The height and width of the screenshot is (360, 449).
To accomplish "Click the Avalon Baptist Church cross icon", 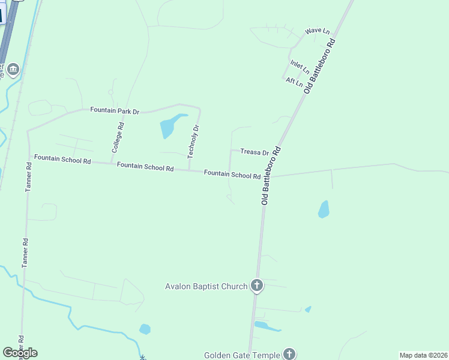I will (257, 286).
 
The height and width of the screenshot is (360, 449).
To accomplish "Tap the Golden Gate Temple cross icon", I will (289, 355).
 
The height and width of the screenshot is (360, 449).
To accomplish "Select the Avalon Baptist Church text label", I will (206, 286).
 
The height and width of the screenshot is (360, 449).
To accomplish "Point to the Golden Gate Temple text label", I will (241, 355).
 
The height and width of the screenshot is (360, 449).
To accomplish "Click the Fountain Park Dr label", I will (115, 110).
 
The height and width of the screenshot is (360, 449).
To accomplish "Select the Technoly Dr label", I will (192, 142).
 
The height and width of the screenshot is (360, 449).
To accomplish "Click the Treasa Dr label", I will (255, 152).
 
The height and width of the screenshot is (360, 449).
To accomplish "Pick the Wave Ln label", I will (318, 31).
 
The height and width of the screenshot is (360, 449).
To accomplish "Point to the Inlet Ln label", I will (300, 67).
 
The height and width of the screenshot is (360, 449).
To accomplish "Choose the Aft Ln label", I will (294, 81).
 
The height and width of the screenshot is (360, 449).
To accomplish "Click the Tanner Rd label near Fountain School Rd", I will (28, 176).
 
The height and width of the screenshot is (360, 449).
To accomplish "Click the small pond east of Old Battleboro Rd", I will (324, 209).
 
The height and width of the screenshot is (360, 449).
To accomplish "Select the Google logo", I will (20, 353).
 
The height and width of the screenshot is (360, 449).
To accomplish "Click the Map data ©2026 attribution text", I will (423, 355).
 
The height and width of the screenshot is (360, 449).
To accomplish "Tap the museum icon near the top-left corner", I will (13, 70).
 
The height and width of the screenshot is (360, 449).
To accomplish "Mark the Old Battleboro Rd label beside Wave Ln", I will (319, 66).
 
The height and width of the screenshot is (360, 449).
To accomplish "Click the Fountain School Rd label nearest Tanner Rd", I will (62, 159).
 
